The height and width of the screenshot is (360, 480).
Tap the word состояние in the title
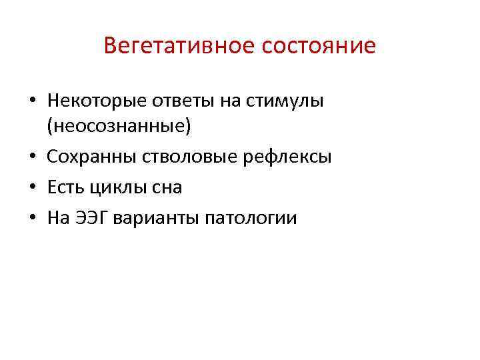318,47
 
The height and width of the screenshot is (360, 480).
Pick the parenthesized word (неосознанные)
119,125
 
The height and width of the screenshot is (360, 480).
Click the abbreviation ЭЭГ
93,218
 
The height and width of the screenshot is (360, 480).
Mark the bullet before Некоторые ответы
33,101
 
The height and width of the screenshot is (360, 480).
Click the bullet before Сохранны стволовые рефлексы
33,157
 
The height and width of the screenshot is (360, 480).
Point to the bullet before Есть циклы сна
33,188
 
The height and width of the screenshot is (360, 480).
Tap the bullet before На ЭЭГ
33,219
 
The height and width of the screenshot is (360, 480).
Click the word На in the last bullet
59,218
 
